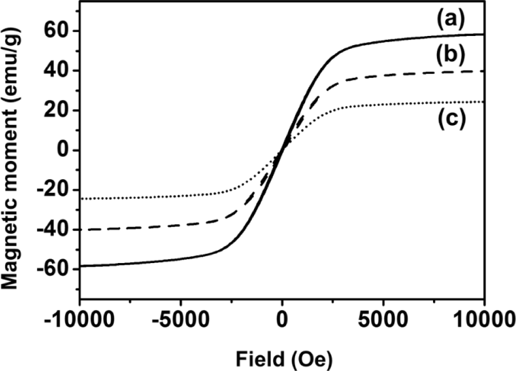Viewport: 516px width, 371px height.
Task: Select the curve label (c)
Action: [x=450, y=119]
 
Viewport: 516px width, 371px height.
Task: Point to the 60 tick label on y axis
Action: [x=57, y=31]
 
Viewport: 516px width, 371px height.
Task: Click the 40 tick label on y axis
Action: [x=57, y=70]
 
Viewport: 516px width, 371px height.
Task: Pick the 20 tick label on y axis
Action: [x=57, y=110]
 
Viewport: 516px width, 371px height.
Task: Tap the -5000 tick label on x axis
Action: [x=180, y=319]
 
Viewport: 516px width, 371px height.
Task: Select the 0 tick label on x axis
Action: [x=282, y=319]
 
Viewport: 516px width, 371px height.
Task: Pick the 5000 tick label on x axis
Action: [x=383, y=319]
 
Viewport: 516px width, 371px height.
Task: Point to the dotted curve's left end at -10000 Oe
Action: [x=80, y=198]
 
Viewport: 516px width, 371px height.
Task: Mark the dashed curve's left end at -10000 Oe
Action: [x=80, y=229]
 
